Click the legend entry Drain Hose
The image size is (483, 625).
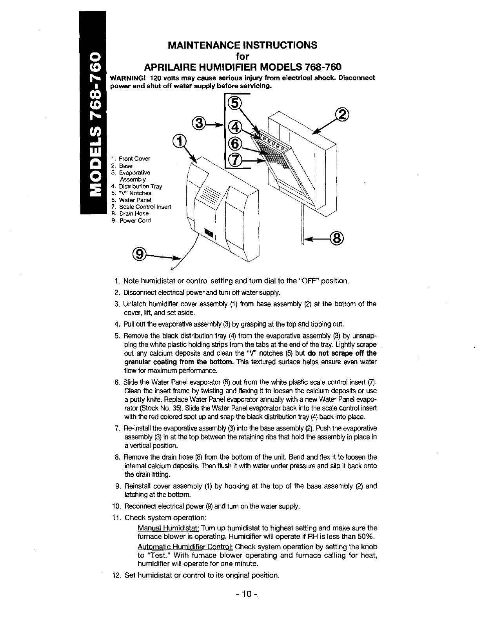pos(134,214)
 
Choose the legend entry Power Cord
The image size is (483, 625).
pos(135,220)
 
